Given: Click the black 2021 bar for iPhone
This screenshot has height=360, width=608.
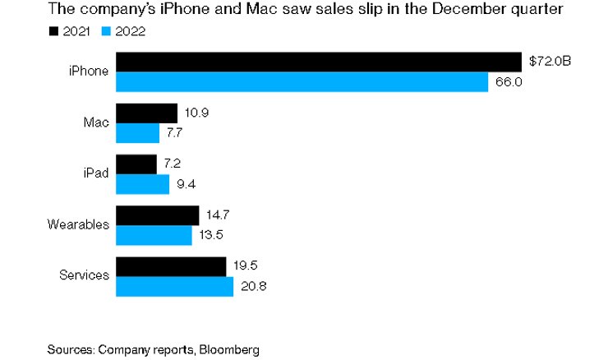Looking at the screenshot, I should coord(319,62).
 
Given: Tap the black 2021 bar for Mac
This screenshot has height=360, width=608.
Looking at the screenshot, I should coord(146,113).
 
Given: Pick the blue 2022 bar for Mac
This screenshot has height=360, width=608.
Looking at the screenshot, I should coord(137,133).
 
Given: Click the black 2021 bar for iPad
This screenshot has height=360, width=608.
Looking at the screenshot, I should coord(136,164).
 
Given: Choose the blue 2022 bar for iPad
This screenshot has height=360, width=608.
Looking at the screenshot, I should coord(142,184).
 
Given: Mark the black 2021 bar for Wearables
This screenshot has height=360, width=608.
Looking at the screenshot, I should coord(157,215).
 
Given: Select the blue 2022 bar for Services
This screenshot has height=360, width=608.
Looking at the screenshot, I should coord(174,287).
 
